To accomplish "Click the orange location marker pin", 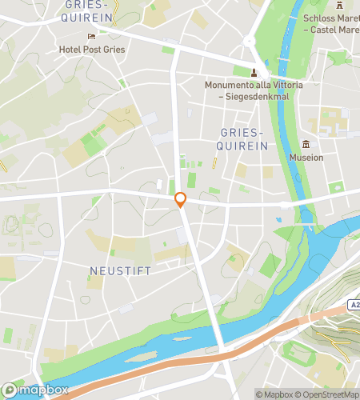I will tap(181, 200).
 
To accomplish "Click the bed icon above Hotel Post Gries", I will tap(91, 36).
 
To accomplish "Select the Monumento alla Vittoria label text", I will tap(246, 85).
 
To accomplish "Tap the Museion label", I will tap(307, 158).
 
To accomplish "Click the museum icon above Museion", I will tap(306, 145).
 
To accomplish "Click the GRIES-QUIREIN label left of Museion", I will tap(240, 139).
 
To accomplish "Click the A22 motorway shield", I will tap(354, 304).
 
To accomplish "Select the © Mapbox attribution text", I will tap(274, 394).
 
